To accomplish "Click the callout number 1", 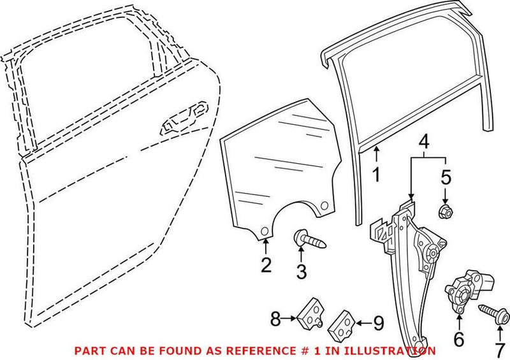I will coord(376,173).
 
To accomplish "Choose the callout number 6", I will coord(458,339).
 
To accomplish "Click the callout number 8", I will coord(275,319).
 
